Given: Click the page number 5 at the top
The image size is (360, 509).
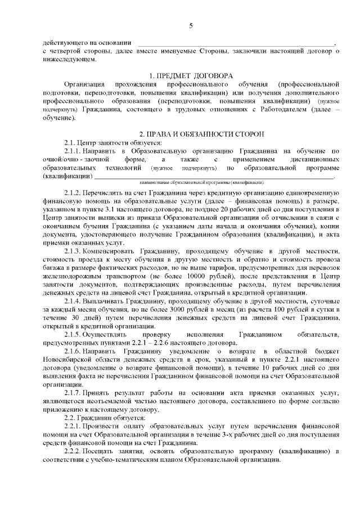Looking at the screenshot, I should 191,25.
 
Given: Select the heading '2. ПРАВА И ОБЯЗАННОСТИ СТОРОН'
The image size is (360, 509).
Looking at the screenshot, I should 191,134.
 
